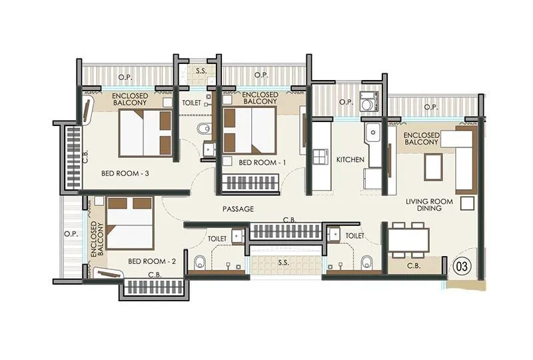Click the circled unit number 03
coord(462,266)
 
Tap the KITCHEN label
coord(350,159)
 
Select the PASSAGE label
coord(238,209)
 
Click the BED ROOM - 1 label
coord(262,163)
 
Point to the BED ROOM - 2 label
coord(152,261)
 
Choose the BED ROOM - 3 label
coord(125,173)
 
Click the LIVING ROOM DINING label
coord(429,205)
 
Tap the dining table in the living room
coord(408,240)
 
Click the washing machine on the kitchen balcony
coord(369,101)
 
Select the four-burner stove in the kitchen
coord(321,157)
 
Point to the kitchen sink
coord(373,133)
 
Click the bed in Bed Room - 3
coord(145,133)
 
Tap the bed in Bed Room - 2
coord(129,223)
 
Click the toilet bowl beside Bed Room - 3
coord(204,129)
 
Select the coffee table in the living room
coord(433,167)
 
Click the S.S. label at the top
coord(201,71)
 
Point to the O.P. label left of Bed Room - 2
coord(71,235)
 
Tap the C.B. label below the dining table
coord(414,266)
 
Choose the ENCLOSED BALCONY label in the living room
coord(422,139)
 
